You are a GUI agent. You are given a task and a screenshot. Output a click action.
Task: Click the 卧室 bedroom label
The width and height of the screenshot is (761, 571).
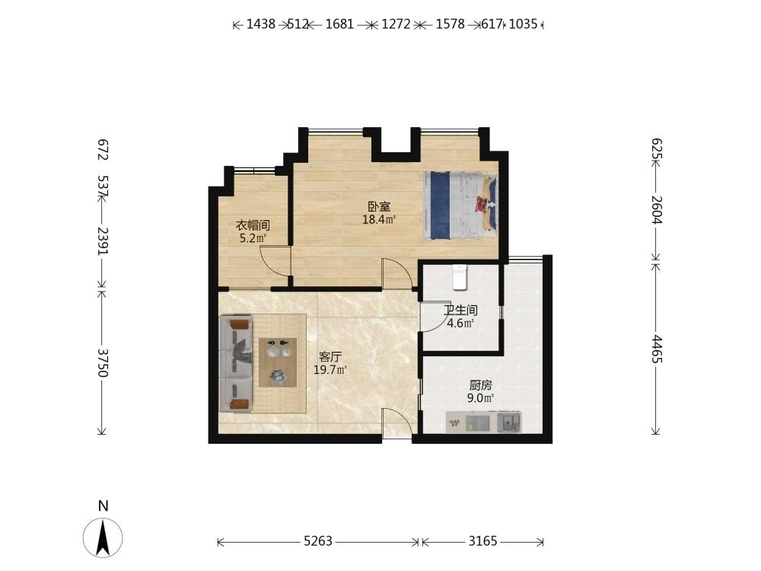coord(379,207)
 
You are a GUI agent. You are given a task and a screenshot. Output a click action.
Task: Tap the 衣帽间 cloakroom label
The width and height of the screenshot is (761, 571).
coord(253,225)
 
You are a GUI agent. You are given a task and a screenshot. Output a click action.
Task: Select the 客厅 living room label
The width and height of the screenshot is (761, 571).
coord(330,357)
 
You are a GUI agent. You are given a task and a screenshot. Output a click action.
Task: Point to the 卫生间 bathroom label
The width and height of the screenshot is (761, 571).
coord(460,311)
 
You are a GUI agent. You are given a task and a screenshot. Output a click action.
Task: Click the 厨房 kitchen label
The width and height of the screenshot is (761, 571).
coord(480,385)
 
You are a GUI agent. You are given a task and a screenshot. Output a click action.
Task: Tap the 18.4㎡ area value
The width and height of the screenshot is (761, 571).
coord(379,219)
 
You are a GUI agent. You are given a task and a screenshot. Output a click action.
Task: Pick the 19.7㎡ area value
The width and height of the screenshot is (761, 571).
coord(330,370)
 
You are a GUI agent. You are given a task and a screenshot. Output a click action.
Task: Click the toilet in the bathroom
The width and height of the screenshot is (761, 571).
coord(459,277)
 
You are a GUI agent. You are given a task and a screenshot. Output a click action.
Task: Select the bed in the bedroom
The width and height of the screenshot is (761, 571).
coord(460,205)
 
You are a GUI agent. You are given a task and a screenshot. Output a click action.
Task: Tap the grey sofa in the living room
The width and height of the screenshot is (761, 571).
coord(236,364)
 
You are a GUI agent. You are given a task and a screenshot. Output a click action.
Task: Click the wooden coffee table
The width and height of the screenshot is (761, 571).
coord(278,362)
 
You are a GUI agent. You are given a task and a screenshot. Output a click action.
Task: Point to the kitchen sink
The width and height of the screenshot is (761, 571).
coord(509,422)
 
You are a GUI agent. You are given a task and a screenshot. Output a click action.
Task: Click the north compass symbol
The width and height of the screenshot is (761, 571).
coord(103,537)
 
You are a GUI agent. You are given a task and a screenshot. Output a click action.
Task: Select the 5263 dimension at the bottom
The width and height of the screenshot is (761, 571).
coord(318,541)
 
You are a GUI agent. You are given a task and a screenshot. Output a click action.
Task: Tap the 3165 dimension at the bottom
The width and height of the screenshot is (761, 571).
coord(483,541)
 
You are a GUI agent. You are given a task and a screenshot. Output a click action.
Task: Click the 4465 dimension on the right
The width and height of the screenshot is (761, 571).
coord(657,349)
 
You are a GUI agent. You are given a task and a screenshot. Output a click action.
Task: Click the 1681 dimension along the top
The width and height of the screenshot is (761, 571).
coord(339,24)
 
